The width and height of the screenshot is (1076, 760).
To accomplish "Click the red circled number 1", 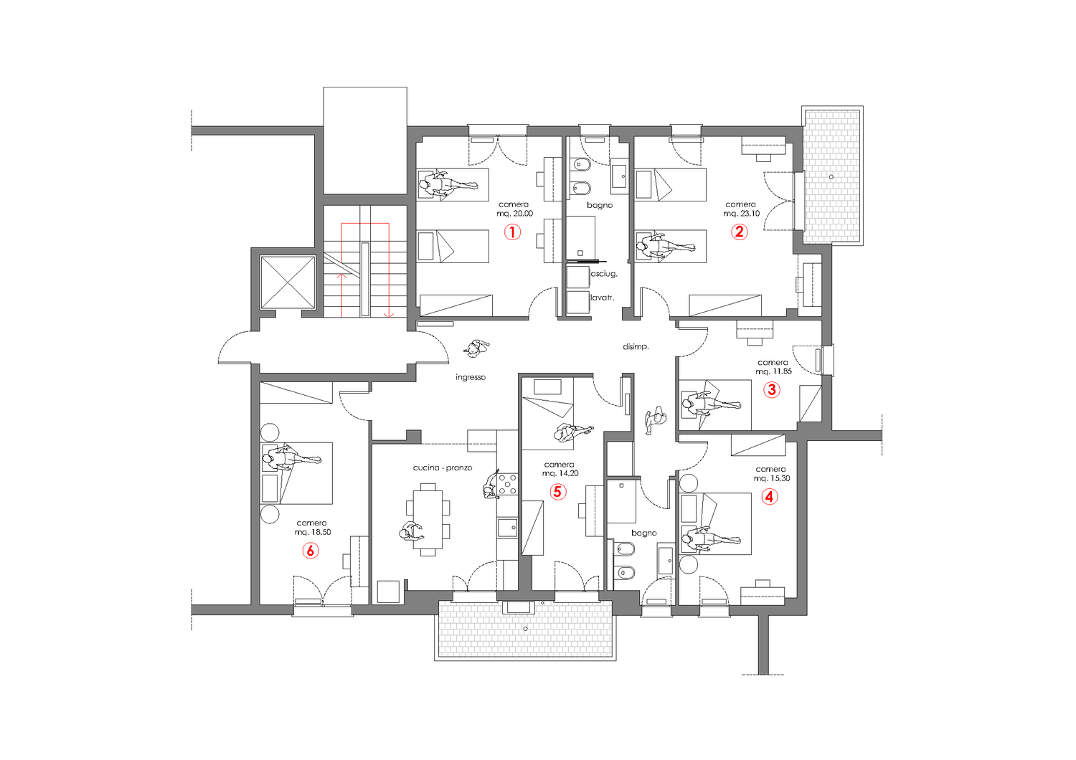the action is point(513,232).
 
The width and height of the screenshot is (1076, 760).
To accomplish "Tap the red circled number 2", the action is point(740,232).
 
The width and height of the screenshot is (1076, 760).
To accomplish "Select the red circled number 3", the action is point(771,389).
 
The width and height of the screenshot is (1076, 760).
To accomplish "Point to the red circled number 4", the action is point(770,496).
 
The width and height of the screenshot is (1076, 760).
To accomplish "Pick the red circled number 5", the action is point(557,492).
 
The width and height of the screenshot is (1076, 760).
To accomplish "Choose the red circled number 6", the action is point(311,550).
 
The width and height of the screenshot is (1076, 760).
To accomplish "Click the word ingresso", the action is point(471,377).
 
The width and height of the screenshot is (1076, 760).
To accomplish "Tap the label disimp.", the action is point(636,346).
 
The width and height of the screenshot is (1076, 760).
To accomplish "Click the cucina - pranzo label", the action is point(443,467).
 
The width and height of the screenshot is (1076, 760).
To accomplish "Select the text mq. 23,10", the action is point(742,214).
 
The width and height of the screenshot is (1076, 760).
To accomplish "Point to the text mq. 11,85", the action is point(773,371).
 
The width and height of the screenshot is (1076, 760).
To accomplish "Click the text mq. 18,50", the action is point(313,532).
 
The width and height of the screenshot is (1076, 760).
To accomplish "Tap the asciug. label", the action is point(604,274).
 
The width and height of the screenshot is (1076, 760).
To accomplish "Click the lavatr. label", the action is point(603,298).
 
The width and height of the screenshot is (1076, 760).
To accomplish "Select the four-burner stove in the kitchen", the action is point(508,484).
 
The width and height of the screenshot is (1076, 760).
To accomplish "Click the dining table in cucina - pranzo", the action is point(428,516).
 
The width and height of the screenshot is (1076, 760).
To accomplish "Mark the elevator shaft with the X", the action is point(287,282).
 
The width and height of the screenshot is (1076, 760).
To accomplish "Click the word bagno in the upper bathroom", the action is point(600,206).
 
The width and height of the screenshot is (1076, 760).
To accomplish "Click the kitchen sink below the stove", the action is point(507,528).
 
